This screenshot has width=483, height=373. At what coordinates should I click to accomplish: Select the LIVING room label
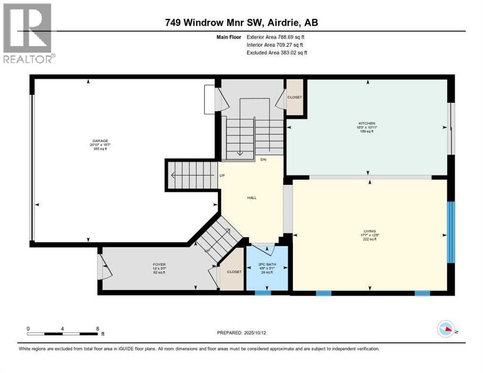(370, 231)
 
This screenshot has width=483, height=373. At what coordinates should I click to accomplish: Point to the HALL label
(252, 198)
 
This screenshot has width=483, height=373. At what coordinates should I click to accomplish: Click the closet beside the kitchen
(294, 97)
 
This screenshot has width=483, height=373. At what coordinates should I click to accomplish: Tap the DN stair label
(263, 160)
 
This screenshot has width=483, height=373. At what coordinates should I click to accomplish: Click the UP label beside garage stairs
(222, 175)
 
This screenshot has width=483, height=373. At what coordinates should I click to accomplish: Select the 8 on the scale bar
(98, 328)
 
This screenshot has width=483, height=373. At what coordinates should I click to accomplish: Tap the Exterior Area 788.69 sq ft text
(276, 37)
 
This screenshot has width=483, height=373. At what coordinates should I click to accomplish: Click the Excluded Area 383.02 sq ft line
(277, 52)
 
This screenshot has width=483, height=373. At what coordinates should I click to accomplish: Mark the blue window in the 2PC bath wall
(263, 293)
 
